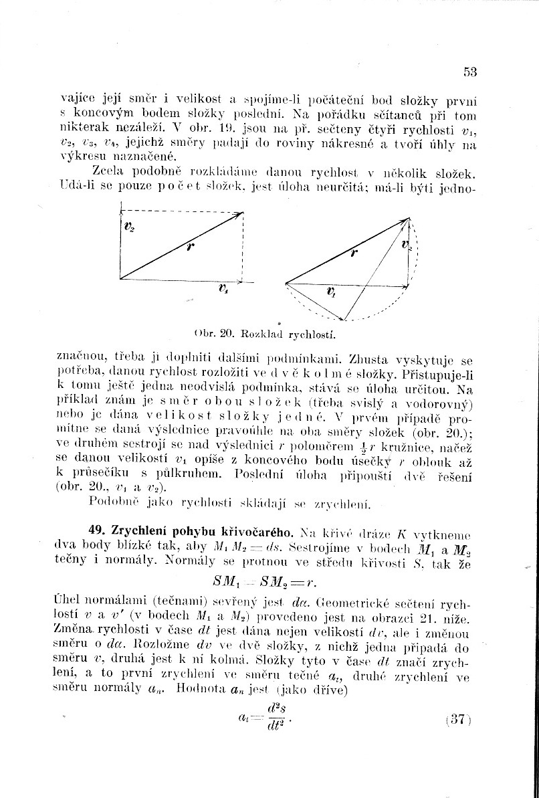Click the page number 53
[469, 72]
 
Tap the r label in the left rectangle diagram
[191, 245]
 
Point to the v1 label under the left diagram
[223, 289]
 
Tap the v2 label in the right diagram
[407, 245]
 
